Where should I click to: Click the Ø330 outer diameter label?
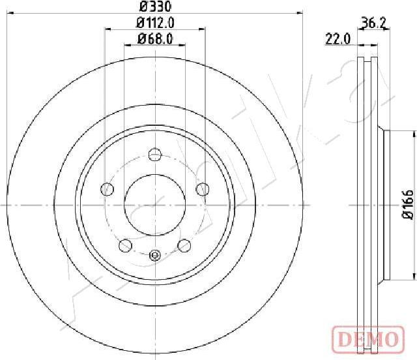[155, 7]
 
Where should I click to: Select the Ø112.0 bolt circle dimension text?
[155, 23]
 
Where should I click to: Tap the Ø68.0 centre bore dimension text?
[155, 39]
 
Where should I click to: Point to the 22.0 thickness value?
[338, 39]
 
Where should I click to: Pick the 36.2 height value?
[373, 23]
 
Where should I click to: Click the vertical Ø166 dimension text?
[407, 205]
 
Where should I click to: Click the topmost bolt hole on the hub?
[155, 155]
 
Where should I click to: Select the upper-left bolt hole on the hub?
[107, 189]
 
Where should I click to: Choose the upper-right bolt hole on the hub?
[203, 189]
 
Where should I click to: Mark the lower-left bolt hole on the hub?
[125, 245]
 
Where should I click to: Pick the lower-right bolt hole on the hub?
[184, 245]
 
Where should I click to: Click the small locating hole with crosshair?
[155, 255]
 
